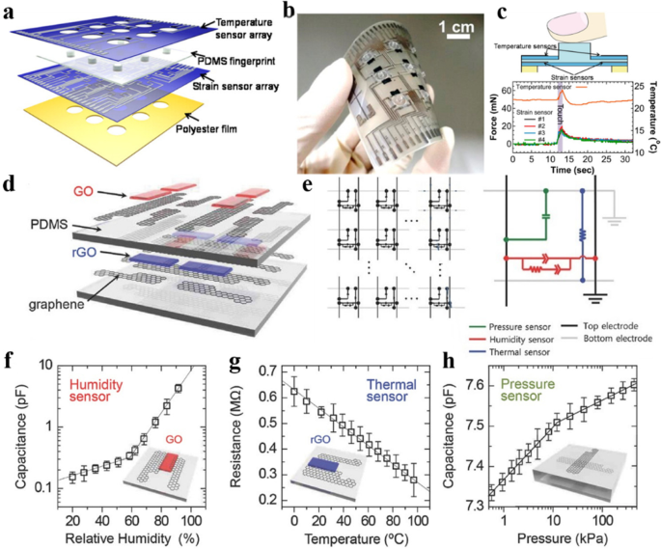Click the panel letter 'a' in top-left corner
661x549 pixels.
[9, 11]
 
